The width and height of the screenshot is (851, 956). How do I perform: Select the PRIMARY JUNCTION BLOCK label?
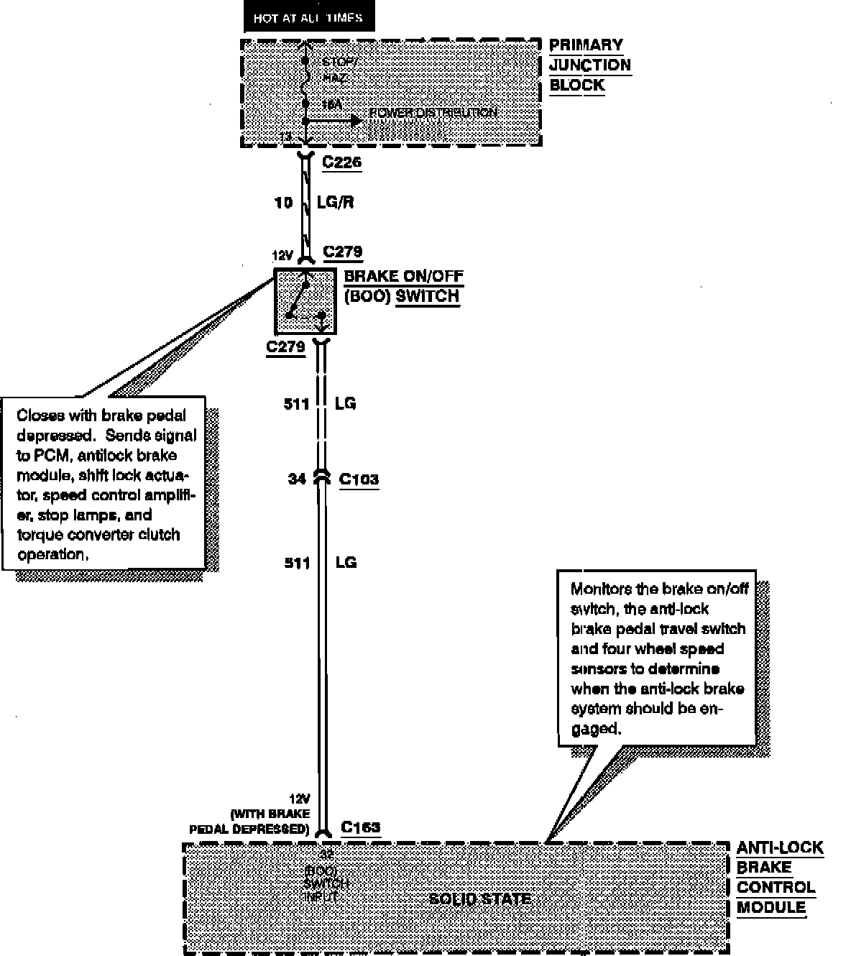click(x=589, y=65)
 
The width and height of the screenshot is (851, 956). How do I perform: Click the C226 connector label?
click(x=341, y=162)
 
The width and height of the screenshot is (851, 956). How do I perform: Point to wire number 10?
click(x=283, y=203)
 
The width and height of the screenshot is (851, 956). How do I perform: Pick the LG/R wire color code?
click(x=335, y=203)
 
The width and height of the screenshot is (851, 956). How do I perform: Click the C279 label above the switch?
click(x=343, y=252)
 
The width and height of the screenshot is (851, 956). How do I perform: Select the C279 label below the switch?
click(x=285, y=347)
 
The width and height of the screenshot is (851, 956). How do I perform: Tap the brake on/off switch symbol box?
click(x=305, y=300)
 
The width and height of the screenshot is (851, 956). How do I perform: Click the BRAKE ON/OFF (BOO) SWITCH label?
click(x=403, y=286)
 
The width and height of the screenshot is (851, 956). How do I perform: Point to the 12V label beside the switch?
click(x=282, y=255)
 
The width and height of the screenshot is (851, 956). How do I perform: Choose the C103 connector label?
click(x=359, y=479)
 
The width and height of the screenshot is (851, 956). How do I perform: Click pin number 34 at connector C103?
click(x=297, y=479)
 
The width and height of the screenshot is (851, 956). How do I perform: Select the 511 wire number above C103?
click(x=296, y=404)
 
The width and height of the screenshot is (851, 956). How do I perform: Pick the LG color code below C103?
click(x=346, y=562)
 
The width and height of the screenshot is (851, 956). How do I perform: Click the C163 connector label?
click(x=361, y=827)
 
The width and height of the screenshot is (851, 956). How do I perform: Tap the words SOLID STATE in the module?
click(x=479, y=899)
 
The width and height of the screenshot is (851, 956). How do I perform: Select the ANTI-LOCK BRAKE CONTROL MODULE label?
click(x=778, y=878)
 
